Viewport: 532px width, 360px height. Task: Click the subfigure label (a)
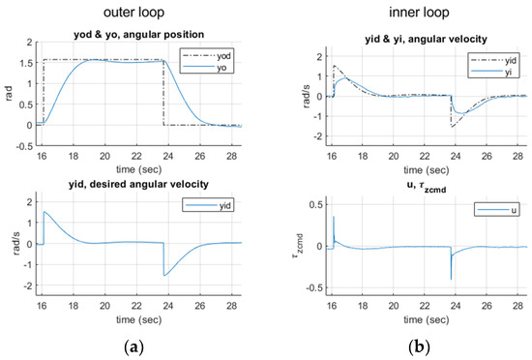coord(133,345)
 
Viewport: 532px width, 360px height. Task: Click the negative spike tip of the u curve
coord(451,280)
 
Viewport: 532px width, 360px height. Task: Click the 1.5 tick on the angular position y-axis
coord(29,61)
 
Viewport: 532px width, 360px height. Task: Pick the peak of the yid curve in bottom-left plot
coord(44,212)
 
